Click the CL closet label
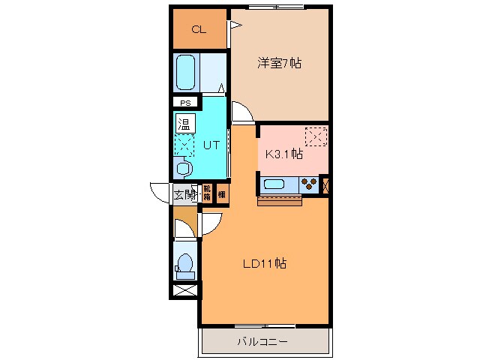[199, 30]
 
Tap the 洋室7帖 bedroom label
[280, 64]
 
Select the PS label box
[184, 103]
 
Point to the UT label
[211, 145]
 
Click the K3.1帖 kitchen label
[284, 154]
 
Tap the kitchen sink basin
[273, 184]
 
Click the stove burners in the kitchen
[307, 184]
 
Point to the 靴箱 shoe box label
[206, 193]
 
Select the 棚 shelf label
[222, 193]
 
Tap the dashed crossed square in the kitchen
[316, 137]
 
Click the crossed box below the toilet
[184, 289]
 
